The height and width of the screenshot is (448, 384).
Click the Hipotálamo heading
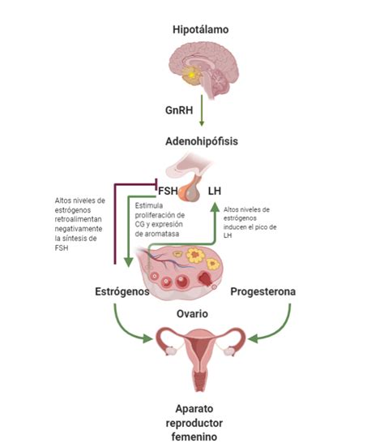tap(200, 29)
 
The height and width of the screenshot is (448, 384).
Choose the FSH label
tap(168, 192)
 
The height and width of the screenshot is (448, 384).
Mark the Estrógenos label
tap(124, 291)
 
